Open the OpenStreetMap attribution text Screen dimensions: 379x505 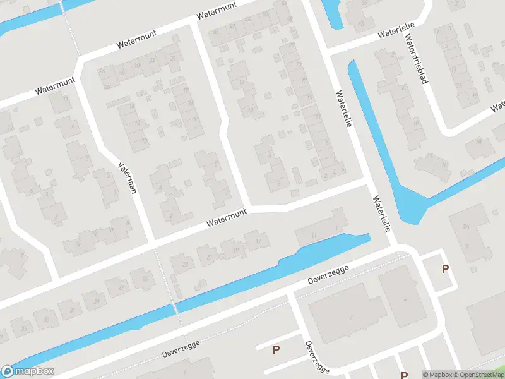478,375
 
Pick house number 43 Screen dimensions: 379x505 360,24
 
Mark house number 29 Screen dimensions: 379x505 97,301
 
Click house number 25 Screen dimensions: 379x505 145,279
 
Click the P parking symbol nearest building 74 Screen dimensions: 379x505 445,268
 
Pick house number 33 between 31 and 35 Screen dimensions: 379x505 46,320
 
